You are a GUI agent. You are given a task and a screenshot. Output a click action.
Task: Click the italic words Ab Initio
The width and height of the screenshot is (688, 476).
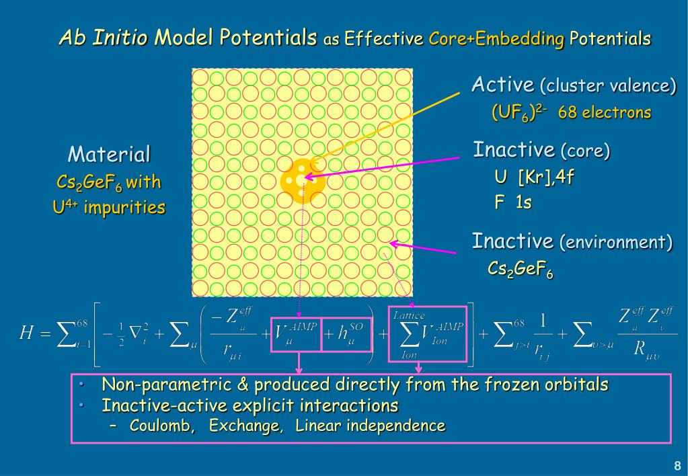(x=104, y=38)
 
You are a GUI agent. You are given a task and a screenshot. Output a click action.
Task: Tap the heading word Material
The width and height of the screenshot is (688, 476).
(x=109, y=155)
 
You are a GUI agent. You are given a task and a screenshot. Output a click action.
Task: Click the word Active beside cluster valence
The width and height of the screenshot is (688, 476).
(x=502, y=85)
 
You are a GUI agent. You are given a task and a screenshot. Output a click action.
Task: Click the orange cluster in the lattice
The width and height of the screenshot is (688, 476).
(x=302, y=180)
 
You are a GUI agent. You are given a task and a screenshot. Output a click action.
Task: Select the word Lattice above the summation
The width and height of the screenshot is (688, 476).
(x=409, y=315)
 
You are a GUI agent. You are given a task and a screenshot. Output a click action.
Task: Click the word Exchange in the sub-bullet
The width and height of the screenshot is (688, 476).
(x=245, y=426)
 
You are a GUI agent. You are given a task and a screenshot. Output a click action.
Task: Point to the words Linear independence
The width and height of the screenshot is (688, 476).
(x=369, y=426)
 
